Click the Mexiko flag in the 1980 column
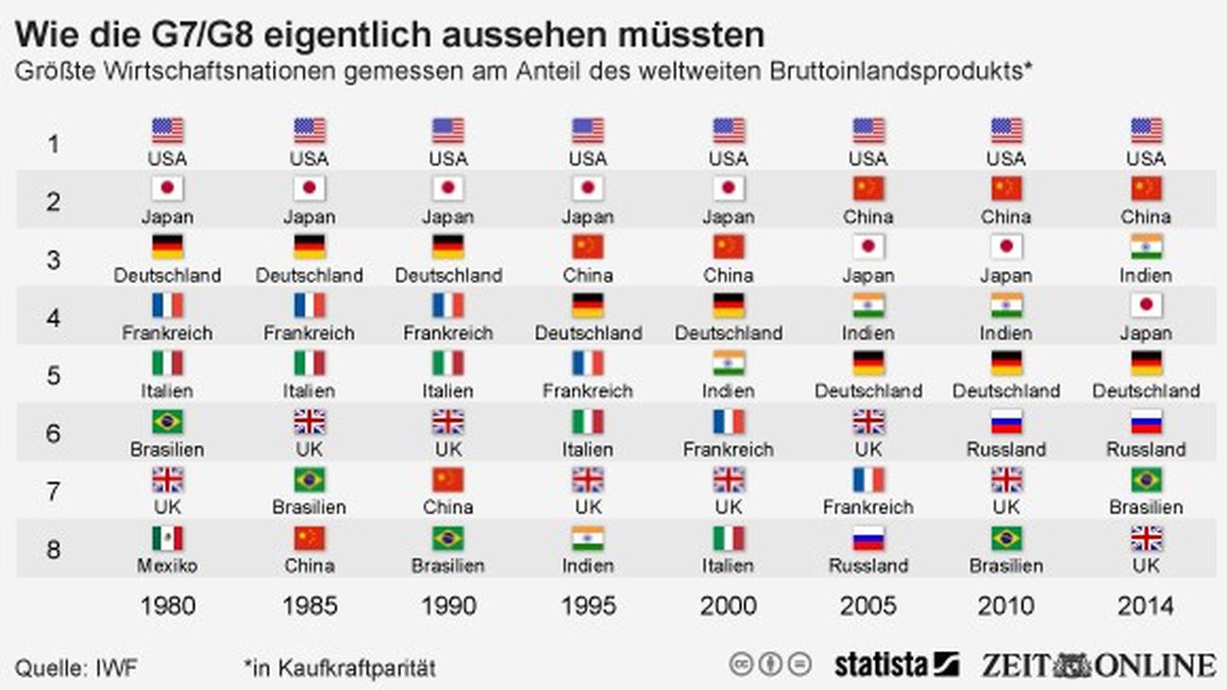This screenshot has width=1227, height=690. (x=167, y=539)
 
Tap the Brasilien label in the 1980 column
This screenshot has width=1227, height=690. (x=167, y=449)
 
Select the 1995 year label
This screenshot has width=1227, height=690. (x=588, y=606)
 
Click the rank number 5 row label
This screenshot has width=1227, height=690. (x=54, y=376)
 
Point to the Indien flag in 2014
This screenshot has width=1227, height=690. (x=1146, y=247)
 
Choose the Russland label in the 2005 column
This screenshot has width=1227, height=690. (x=868, y=565)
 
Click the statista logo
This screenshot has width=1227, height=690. (x=896, y=664)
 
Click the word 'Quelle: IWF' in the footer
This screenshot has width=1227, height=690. (x=76, y=668)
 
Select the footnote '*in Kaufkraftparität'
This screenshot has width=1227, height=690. (x=340, y=668)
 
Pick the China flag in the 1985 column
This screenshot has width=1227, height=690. (x=310, y=539)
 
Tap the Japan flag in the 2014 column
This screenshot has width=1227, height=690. (x=1146, y=306)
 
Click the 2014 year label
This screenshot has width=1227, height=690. (x=1145, y=606)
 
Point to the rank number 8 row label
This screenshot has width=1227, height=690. (x=54, y=549)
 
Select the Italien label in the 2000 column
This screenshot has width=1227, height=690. (x=729, y=565)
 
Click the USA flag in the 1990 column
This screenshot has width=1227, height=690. (x=448, y=130)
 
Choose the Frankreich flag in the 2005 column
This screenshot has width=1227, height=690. (x=868, y=480)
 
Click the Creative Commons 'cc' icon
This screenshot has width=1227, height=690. (x=741, y=664)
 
